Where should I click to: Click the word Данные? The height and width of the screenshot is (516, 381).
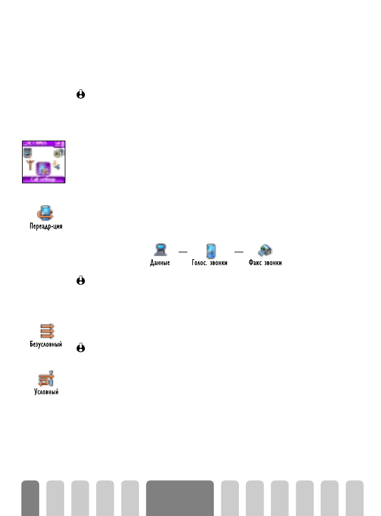[x=160, y=264]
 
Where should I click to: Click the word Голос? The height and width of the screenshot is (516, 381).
[x=201, y=264]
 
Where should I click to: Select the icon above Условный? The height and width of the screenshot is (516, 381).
[x=48, y=379]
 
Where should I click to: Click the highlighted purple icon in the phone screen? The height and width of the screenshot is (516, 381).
[x=42, y=168]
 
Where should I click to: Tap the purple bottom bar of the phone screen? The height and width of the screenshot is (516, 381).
[x=43, y=180]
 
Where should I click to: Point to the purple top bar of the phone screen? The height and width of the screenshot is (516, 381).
[x=43, y=144]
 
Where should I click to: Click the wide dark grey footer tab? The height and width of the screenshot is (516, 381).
[x=180, y=498]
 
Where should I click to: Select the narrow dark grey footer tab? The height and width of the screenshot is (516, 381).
[x=30, y=498]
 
